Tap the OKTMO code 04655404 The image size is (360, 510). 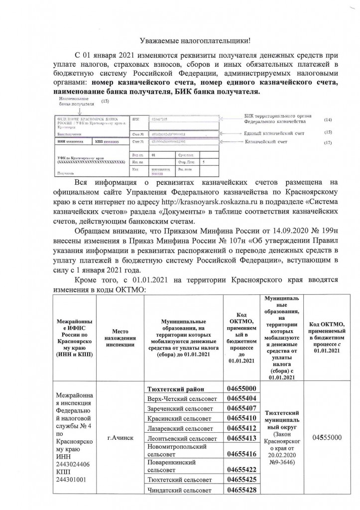(x=241, y=398)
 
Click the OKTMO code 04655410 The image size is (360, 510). (x=241, y=418)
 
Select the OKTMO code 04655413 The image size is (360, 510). (x=241, y=438)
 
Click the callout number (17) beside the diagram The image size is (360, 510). (x=327, y=143)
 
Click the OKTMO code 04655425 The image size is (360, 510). (x=241, y=479)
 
